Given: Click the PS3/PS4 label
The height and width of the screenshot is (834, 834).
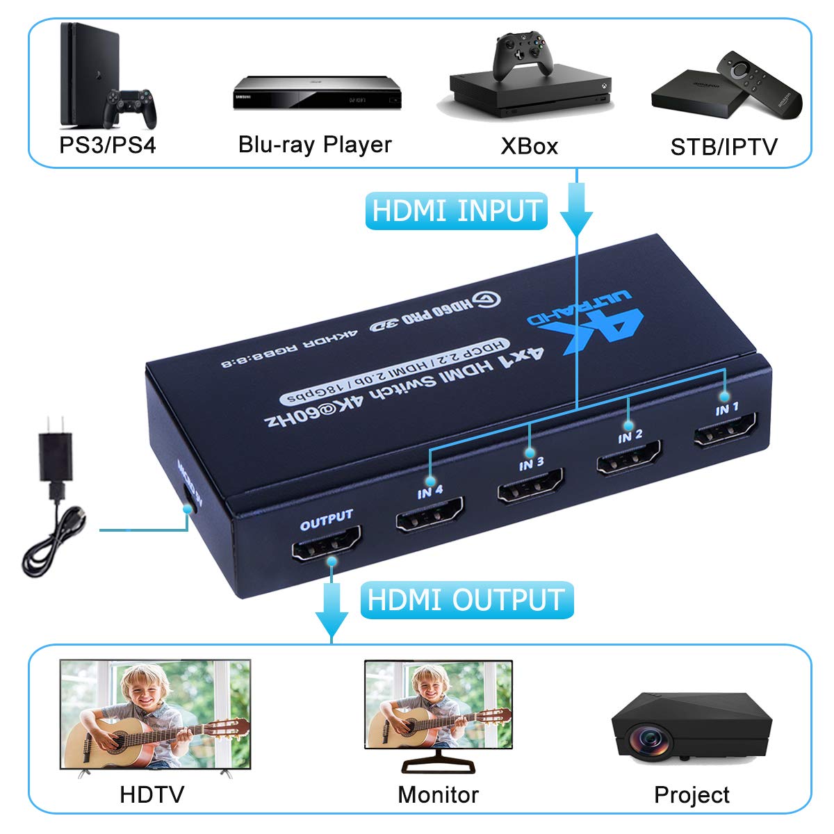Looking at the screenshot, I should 108,145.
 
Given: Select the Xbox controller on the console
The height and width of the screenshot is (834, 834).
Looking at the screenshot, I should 523,54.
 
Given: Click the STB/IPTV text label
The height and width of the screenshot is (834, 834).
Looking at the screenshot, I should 723,147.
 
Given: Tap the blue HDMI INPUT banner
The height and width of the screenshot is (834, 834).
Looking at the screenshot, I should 456,211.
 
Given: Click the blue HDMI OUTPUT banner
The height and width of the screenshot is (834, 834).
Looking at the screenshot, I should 466,600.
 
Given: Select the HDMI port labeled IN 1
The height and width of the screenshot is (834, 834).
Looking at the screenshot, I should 725,431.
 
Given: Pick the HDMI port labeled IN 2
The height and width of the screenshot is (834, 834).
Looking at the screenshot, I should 628,459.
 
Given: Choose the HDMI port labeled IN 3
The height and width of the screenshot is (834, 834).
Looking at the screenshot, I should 530,486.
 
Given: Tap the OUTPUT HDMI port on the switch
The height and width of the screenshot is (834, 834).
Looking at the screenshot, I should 326,544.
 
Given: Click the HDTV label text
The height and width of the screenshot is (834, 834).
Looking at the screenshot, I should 152,794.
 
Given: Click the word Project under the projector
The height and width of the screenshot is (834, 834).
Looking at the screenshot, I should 692,795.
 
